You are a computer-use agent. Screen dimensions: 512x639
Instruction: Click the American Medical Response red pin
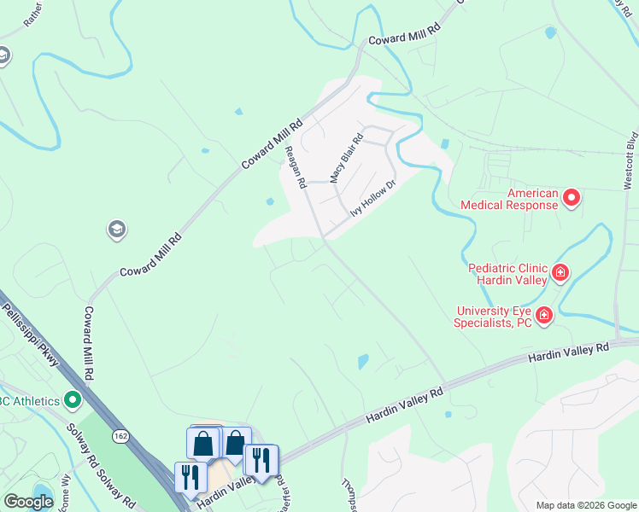click(571, 199)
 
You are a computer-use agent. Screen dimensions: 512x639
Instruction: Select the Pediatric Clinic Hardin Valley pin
click(560, 273)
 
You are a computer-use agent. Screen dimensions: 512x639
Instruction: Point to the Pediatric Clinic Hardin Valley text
click(507, 273)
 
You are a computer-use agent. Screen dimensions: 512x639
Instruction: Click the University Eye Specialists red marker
click(544, 316)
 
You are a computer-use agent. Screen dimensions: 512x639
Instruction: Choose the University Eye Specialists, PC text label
click(493, 316)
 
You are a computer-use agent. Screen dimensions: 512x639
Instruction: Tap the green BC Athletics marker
click(73, 399)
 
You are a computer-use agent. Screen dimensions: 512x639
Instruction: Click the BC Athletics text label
click(30, 400)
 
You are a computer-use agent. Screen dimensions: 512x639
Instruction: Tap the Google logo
click(28, 502)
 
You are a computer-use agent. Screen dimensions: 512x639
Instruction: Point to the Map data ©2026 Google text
click(585, 505)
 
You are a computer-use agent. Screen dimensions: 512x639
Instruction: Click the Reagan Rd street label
click(296, 166)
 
